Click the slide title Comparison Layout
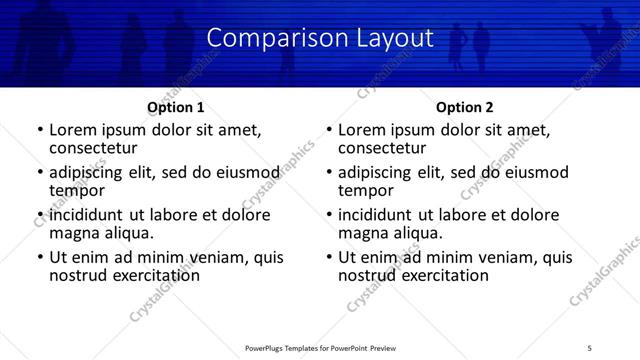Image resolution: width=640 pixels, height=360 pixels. (320, 39)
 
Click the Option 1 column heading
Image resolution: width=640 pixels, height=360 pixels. (176, 107)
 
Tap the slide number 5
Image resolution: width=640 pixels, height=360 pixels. (590, 347)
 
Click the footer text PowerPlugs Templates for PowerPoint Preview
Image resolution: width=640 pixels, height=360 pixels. (320, 347)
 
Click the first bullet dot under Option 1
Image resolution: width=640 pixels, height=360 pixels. (39, 130)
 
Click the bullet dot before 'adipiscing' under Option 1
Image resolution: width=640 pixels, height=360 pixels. (39, 173)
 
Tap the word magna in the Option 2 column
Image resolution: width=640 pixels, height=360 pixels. (362, 232)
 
